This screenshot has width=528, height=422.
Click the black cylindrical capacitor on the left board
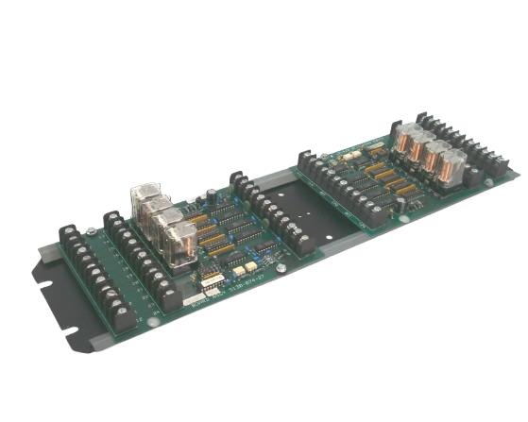[213, 197]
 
